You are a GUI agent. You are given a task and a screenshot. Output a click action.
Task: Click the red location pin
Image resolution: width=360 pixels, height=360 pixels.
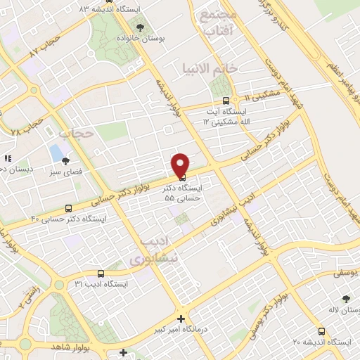point(180,164)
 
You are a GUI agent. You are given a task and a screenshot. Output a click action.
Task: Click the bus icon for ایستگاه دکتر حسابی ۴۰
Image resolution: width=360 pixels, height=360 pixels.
point(68,208)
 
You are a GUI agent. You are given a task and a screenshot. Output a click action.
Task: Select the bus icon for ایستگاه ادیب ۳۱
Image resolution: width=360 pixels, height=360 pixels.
point(101,274)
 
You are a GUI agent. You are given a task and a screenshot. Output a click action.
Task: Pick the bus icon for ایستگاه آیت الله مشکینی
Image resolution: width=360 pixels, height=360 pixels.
point(225,101)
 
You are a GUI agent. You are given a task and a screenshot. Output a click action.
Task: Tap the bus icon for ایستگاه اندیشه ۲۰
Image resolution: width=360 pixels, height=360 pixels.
point(321,332)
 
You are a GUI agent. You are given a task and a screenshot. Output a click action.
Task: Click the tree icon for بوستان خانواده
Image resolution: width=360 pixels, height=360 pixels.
point(140,28)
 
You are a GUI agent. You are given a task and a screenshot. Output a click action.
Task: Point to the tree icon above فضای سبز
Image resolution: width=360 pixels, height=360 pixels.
point(65,161)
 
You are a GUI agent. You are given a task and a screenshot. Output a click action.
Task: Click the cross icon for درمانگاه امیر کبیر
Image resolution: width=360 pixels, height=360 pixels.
point(181,318)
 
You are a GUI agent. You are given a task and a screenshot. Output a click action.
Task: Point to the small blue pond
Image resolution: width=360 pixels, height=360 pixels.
point(56,151)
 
